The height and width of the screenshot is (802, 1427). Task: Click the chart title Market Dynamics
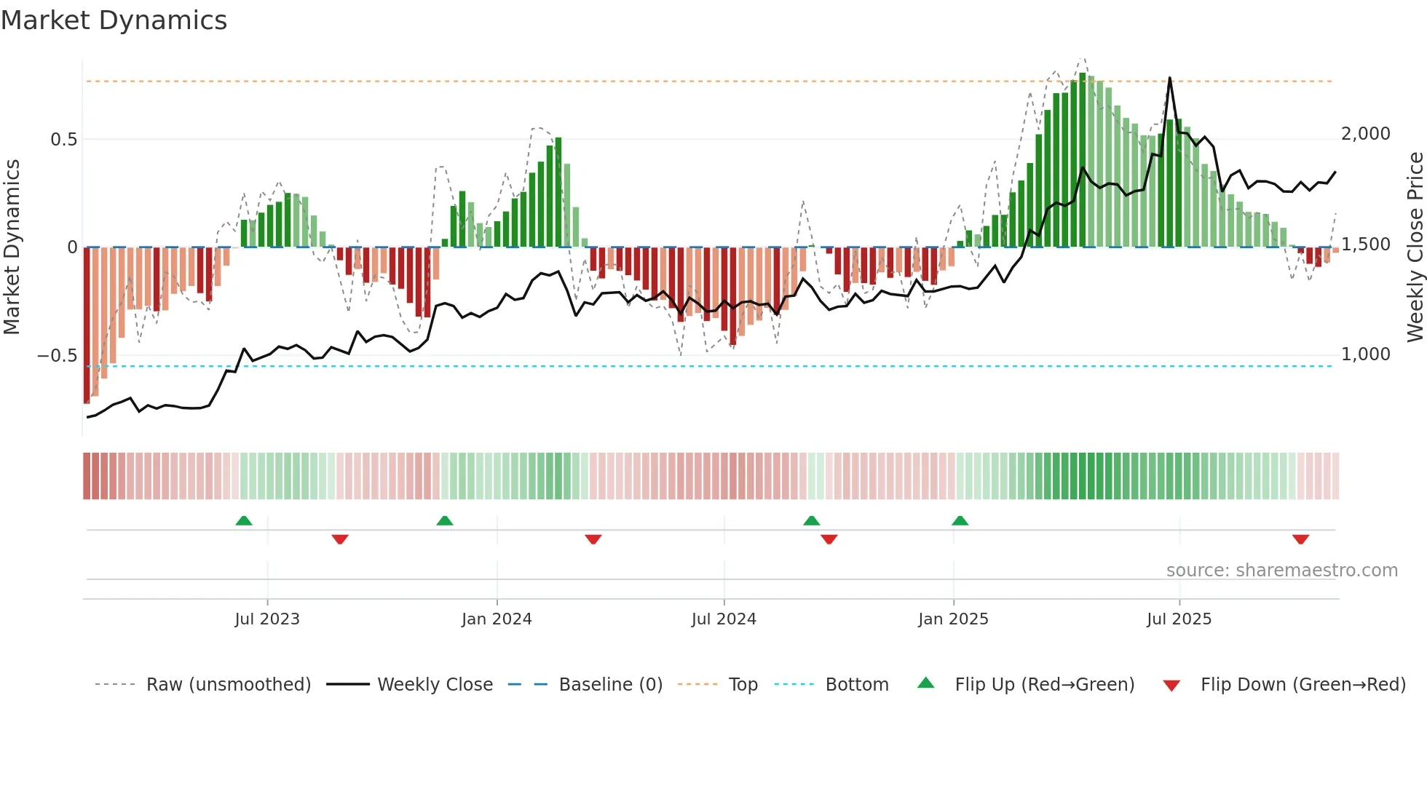pos(114,20)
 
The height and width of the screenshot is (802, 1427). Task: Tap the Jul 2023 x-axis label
pos(267,619)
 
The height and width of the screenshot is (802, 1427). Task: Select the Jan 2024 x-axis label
pos(497,619)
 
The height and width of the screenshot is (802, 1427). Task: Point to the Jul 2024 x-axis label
pos(724,619)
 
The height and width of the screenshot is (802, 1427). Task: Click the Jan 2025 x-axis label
pos(953,619)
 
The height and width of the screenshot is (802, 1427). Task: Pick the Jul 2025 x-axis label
pos(1179,619)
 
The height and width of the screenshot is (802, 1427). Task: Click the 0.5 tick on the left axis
pos(63,140)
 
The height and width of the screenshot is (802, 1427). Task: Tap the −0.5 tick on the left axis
pos(57,356)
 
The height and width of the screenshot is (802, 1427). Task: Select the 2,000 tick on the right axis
pos(1366,134)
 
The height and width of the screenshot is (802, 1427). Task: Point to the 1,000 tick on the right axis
pos(1366,354)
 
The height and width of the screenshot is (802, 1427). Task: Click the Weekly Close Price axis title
pos(1415,247)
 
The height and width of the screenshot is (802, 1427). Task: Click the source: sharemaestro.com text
pos(1281,571)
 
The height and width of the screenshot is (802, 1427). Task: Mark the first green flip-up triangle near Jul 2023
pos(244,521)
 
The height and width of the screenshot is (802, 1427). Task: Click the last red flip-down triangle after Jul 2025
pos(1301,539)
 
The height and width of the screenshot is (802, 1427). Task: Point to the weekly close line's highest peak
pos(1170,78)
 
